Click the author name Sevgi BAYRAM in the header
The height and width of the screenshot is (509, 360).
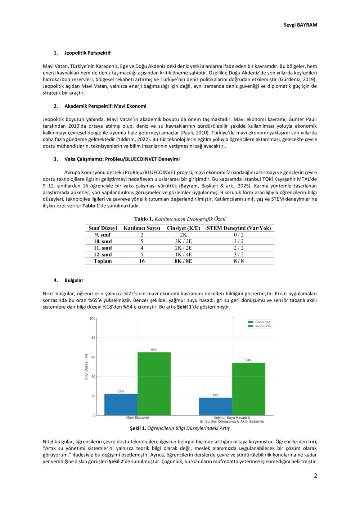coord(300,25)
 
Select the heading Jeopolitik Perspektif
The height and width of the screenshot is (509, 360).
coord(87,53)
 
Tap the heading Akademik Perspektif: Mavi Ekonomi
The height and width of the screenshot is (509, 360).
coord(105,106)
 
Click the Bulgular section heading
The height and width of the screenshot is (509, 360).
coord(74,280)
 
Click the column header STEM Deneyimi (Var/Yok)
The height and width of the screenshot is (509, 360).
coord(239,228)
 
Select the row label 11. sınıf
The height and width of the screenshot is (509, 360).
coord(103,248)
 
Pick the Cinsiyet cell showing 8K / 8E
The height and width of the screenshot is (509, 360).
coord(183,261)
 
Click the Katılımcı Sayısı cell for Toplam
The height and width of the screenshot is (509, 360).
coord(142,261)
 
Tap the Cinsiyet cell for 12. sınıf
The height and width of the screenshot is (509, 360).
coord(183,254)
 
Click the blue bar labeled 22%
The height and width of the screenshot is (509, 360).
coord(121,404)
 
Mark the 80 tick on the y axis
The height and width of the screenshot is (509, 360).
coord(93,338)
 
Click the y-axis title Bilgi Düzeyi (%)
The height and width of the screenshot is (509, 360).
coord(86,367)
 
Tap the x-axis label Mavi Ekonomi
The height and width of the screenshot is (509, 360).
coord(138,418)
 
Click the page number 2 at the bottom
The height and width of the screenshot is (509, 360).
coord(315,476)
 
